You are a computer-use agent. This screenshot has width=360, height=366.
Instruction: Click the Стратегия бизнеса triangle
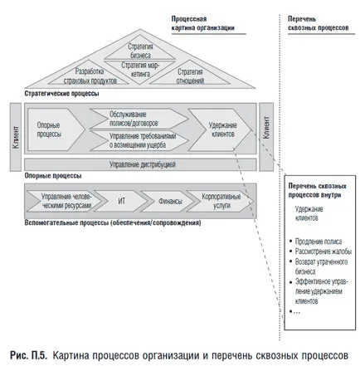(140, 51)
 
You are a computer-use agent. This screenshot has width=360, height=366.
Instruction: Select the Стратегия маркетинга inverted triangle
(140, 69)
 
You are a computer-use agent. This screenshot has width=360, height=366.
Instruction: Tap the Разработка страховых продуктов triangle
(89, 76)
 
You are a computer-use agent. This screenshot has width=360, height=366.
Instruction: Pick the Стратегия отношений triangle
(190, 76)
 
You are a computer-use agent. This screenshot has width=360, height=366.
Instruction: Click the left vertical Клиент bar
(16, 137)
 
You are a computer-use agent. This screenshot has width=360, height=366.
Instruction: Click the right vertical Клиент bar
(266, 137)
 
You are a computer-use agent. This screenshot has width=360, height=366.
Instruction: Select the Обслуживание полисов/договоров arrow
(139, 119)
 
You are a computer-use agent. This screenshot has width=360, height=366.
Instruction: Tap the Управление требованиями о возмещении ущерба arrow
(139, 140)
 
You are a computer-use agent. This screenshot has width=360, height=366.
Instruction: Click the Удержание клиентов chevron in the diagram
(220, 129)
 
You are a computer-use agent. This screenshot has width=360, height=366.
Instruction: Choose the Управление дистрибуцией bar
(140, 164)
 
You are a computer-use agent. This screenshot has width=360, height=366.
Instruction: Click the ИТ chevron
(121, 201)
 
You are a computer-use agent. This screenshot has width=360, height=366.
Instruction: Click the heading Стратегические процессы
(61, 94)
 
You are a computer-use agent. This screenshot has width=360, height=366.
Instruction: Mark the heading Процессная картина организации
(202, 23)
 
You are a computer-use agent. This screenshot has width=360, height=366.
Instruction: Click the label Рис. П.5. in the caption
(29, 355)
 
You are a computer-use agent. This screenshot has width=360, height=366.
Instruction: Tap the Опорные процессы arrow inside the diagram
(56, 129)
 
